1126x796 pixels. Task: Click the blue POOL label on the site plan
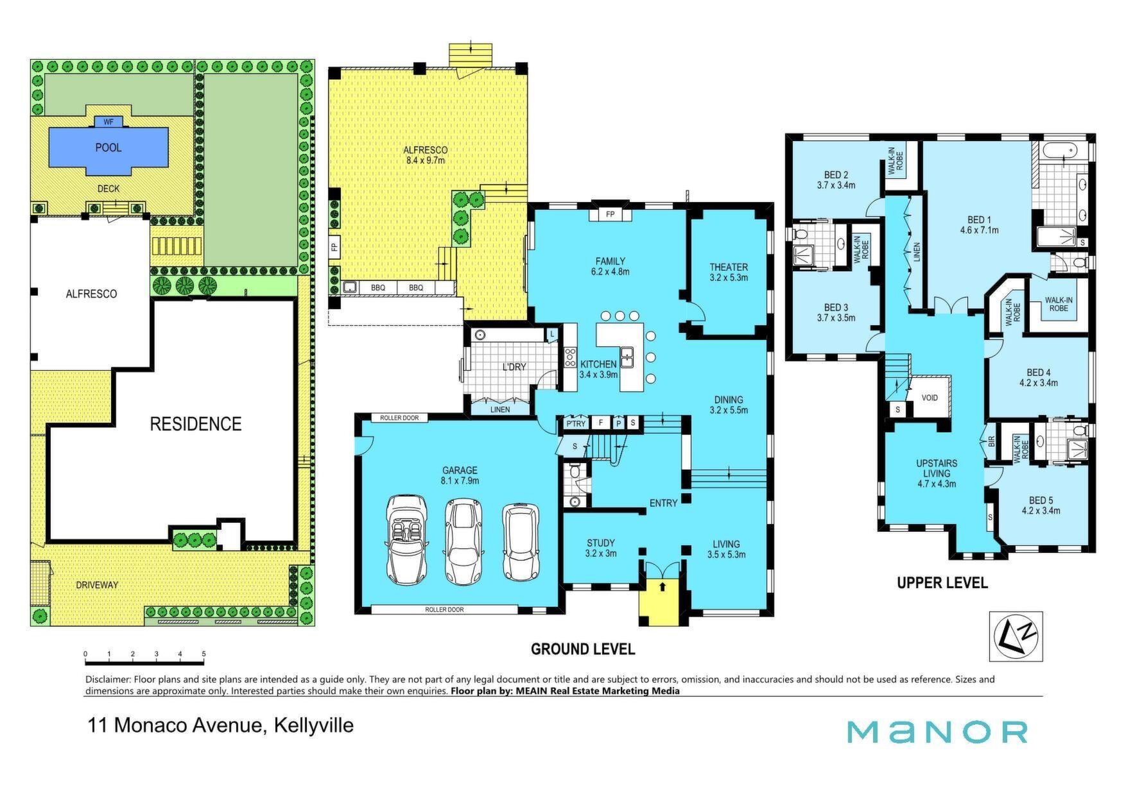coord(108,148)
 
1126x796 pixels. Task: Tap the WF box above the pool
coord(108,121)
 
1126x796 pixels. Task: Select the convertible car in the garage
coord(406,539)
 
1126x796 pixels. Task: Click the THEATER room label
coord(729,267)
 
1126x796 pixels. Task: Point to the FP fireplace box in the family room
coord(610,214)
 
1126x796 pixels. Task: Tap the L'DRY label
coord(514,367)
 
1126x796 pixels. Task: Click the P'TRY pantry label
coord(576,423)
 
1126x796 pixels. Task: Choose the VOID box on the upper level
coord(930,398)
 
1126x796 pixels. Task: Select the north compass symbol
coord(1016,636)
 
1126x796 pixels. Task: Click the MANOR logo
coord(937,732)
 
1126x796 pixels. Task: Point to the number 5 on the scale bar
coord(204,654)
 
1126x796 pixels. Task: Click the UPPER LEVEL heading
coord(942,582)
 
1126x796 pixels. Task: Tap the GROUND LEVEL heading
coord(583,649)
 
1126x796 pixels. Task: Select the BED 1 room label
coord(979,220)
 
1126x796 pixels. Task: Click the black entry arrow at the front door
coord(663,586)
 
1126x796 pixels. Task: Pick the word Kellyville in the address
coord(314,725)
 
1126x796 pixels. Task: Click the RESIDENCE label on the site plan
coord(196,424)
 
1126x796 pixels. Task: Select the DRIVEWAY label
coord(97,585)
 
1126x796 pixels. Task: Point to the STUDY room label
coord(601,543)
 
